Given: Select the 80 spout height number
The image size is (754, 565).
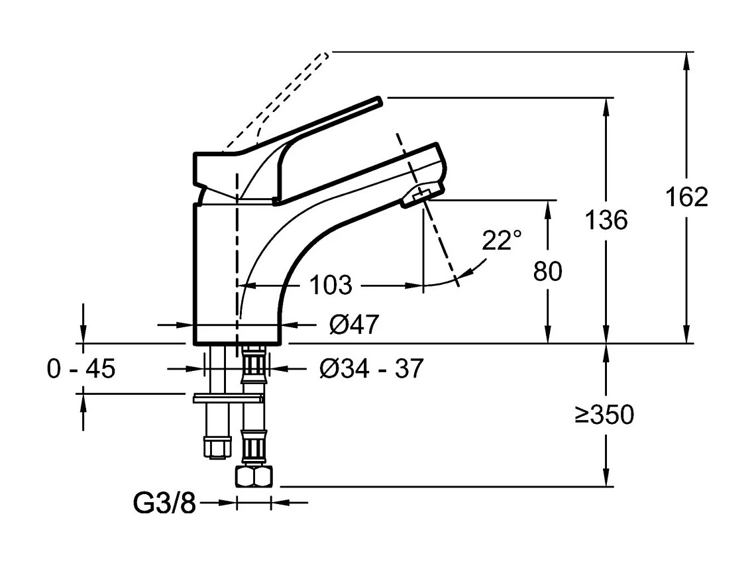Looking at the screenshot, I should pos(548,271).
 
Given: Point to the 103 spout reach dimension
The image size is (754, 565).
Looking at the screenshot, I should pos(331,285).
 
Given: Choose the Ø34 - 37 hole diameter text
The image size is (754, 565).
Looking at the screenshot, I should pos(370,368).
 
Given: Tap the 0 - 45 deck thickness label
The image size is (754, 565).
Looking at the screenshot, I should pos(81,368).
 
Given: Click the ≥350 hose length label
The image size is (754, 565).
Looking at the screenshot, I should pos(604,415).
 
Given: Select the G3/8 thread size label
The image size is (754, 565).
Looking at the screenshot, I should pos(165,504).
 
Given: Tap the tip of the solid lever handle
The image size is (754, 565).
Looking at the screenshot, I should pos(378,101).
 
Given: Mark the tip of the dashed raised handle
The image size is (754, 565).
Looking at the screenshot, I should pos(325,55).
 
